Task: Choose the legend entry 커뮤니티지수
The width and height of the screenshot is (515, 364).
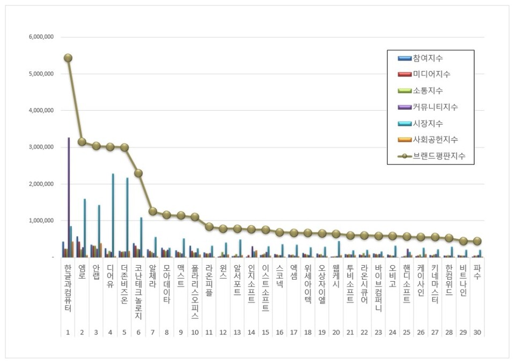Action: pos(435,107)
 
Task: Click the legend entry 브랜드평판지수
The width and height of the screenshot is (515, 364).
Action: pos(438,156)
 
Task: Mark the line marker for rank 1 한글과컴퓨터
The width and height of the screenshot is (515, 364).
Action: pos(68,58)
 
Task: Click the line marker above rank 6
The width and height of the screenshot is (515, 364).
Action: pos(138,173)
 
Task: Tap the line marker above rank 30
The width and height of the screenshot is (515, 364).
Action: pos(477,241)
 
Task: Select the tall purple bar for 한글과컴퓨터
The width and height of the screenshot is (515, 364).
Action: pos(69,197)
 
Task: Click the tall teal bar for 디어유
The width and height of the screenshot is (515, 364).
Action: pos(113,215)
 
